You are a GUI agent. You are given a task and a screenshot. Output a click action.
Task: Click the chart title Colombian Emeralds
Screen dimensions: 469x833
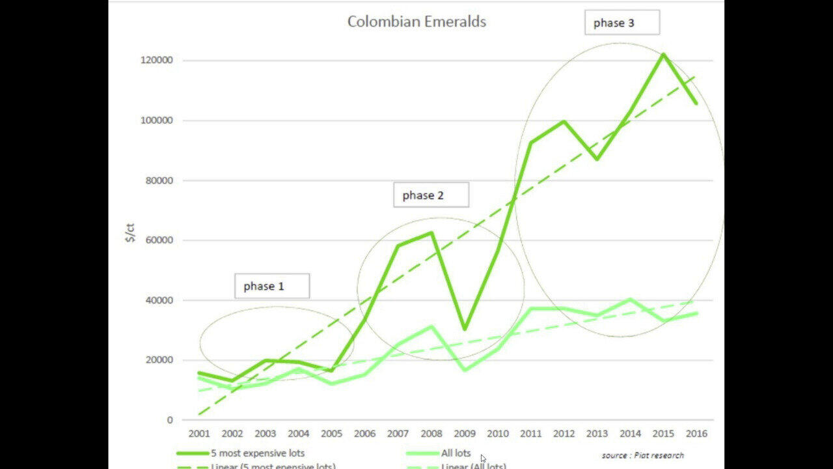point(416,21)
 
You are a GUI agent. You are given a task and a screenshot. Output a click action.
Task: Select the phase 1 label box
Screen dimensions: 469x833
point(271,286)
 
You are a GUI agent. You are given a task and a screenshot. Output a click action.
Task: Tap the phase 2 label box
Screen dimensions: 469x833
point(431,195)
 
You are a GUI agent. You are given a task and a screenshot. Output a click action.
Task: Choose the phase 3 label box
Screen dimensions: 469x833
point(621,23)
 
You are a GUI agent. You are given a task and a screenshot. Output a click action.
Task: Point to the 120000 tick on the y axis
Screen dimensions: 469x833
point(158,61)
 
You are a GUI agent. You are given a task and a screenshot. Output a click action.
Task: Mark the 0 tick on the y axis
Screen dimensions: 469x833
point(170,420)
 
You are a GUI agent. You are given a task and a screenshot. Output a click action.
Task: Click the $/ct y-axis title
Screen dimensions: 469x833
point(131,233)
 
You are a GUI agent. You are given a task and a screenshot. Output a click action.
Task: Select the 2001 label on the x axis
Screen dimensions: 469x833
point(198,434)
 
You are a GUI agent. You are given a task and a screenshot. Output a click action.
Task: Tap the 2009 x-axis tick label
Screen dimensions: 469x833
point(464,434)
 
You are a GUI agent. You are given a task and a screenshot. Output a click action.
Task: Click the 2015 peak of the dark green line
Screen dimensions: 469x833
point(663,54)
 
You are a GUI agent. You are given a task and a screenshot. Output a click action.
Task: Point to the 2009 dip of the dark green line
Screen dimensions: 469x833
point(465,329)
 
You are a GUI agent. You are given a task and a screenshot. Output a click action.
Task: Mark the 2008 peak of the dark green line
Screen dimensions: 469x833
point(431,233)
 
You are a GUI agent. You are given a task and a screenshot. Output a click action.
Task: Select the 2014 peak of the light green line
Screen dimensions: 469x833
point(630,300)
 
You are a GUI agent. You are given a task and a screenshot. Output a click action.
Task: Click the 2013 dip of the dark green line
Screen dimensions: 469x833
point(597,159)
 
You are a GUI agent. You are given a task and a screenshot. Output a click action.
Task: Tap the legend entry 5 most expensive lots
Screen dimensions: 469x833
point(257,453)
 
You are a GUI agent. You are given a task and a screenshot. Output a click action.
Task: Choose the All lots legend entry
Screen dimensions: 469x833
point(456,453)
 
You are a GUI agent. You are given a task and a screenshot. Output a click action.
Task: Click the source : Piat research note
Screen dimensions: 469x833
point(642,455)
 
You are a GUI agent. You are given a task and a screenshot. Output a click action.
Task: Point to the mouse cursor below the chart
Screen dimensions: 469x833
point(483,459)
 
